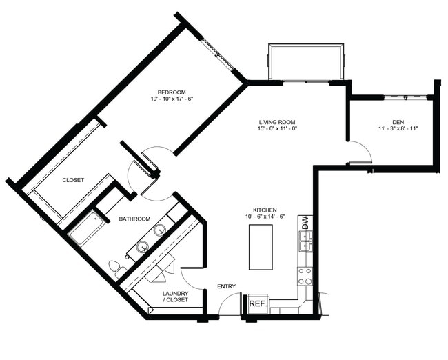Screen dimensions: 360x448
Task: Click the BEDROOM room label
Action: pos(171,92)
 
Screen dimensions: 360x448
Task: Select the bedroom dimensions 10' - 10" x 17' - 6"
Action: pos(171,99)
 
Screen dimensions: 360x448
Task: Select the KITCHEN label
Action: pos(265,210)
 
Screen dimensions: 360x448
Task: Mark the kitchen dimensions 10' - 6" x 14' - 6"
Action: pos(265,217)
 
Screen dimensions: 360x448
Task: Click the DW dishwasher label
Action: pos(304,223)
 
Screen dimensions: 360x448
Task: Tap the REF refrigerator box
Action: pos(256,303)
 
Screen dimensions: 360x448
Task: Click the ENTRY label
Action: pos(226,286)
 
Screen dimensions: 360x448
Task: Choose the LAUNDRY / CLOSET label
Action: pos(176,297)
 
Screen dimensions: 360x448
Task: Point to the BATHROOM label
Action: pos(134,219)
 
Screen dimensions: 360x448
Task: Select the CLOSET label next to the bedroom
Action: pos(73,180)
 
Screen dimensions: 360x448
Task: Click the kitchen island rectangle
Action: pos(261,247)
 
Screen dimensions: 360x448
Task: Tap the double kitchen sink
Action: pos(304,241)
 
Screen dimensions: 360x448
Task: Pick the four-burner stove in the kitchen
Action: pos(304,276)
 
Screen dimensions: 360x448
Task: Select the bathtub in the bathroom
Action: pos(87,228)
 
